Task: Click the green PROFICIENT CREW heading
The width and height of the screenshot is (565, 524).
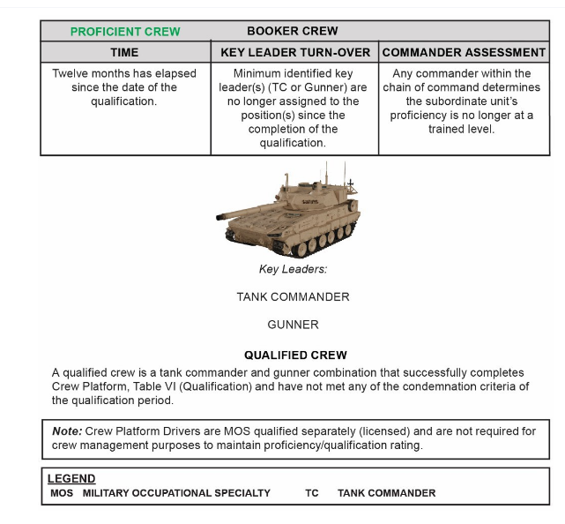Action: tap(125, 32)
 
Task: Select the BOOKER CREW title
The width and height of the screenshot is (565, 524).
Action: tap(293, 32)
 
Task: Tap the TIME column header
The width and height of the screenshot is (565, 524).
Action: tap(124, 53)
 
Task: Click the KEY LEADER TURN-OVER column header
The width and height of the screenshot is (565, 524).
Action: tap(294, 53)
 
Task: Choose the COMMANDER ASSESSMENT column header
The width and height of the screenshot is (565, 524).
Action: tap(465, 53)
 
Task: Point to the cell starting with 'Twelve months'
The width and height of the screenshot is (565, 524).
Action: tap(124, 88)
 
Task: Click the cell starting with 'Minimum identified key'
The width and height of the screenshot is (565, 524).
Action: tap(294, 109)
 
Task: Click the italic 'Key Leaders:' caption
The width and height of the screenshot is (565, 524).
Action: tap(293, 269)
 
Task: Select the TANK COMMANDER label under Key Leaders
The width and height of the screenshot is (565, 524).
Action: tap(293, 297)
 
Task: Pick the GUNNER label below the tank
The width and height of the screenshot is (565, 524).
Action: tap(293, 325)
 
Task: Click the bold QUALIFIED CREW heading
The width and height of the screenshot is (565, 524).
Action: tap(295, 356)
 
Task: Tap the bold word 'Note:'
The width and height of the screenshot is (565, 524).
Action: tap(67, 431)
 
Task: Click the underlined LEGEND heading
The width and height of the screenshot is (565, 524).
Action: tap(71, 479)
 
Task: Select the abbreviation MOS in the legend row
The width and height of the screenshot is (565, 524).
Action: tap(62, 493)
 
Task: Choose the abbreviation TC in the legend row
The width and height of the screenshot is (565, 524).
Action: tap(312, 493)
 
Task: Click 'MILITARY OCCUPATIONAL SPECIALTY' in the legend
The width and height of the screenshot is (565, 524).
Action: tap(176, 493)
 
